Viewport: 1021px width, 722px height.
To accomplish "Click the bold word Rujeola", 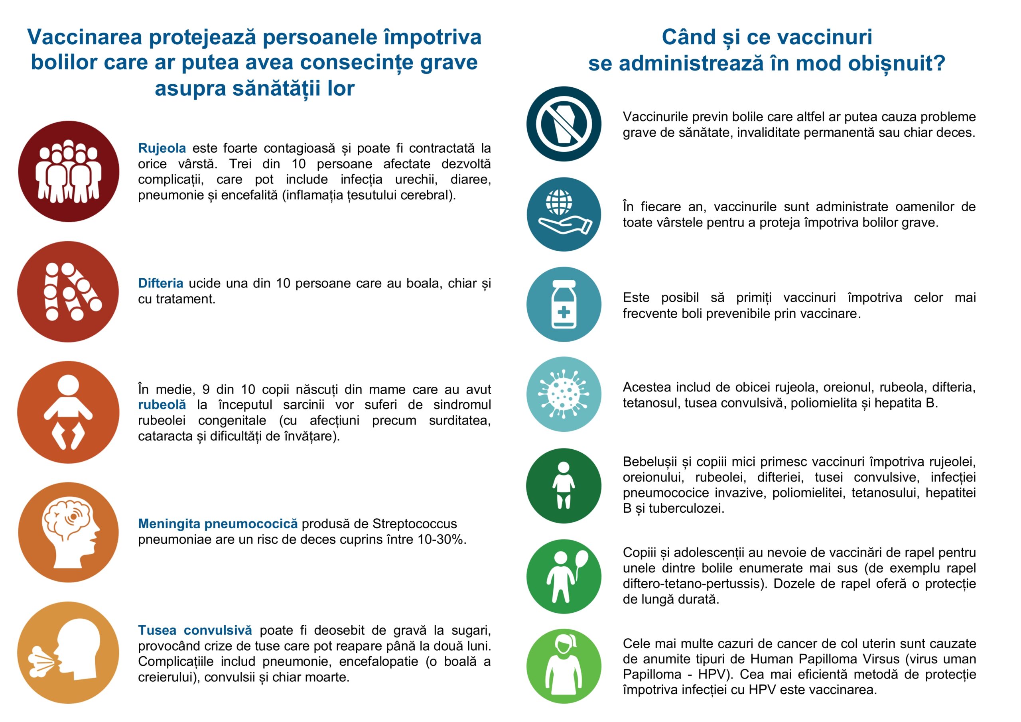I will click(x=162, y=148).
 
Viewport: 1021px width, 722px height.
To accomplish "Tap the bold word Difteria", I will click(x=161, y=283).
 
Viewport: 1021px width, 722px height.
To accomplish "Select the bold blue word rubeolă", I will click(x=162, y=405).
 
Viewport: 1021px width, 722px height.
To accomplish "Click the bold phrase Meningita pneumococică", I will click(x=218, y=524).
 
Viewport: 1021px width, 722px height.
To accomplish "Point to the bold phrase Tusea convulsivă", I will click(x=195, y=630).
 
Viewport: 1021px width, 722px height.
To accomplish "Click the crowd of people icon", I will click(x=69, y=171).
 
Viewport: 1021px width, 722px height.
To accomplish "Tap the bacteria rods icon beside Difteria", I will click(x=69, y=292).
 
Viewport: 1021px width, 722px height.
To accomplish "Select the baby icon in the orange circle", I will click(x=68, y=412).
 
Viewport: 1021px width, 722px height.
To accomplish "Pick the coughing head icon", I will click(x=69, y=653).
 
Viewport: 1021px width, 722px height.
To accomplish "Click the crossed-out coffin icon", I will click(x=564, y=124).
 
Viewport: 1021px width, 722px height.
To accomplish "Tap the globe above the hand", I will click(x=560, y=202).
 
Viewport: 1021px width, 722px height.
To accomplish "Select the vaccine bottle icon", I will click(x=564, y=305).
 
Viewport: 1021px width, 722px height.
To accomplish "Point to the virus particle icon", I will click(x=564, y=394).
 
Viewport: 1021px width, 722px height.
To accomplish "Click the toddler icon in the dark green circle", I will click(x=564, y=486).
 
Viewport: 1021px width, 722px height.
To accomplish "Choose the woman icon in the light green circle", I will click(x=564, y=666).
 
